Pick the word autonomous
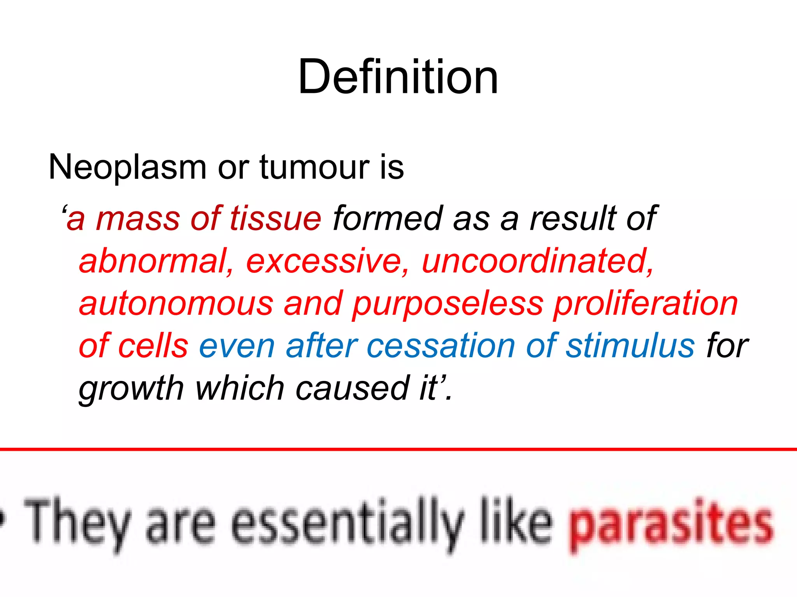176,304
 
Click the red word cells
153,346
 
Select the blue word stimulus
630,346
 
